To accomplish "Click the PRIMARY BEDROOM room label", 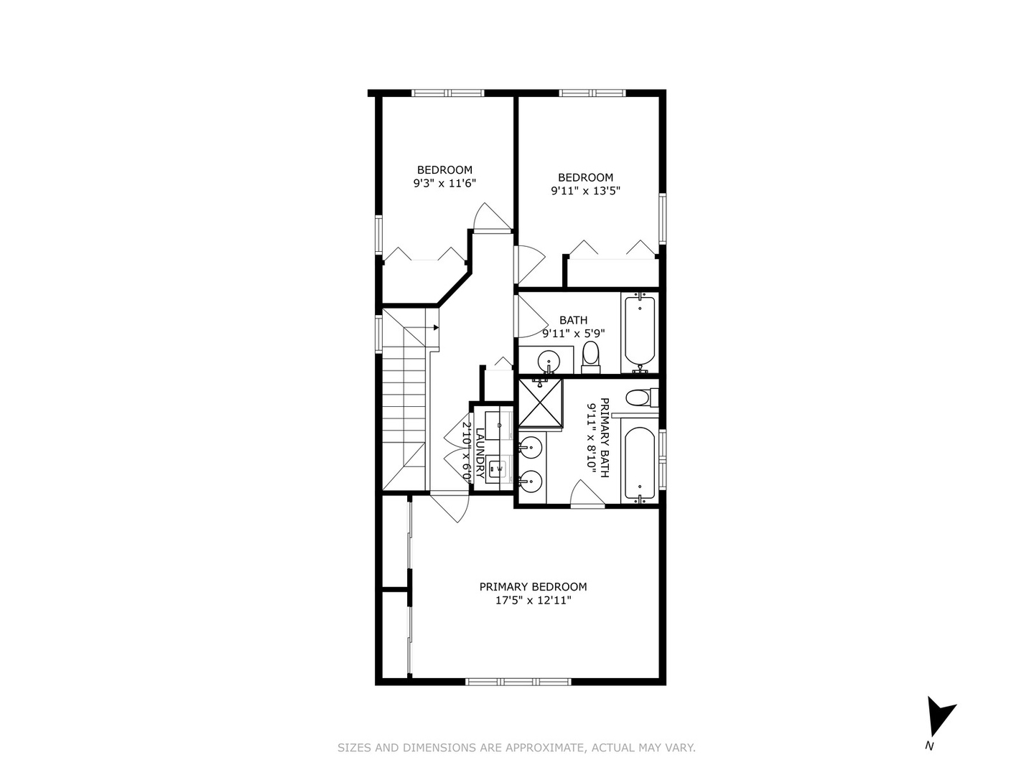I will (533, 586).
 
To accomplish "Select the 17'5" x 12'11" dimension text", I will (533, 601).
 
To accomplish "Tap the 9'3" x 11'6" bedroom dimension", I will (444, 184).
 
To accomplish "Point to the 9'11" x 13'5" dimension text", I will (585, 191).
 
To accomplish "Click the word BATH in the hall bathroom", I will (573, 320).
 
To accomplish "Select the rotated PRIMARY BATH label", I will (604, 438).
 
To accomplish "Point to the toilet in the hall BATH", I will (590, 357).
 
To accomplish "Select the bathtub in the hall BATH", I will (639, 332).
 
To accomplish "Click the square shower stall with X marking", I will (540, 403).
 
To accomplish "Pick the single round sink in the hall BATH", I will (549, 360).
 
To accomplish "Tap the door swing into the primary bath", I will (586, 494).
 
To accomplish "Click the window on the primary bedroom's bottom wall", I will (518, 681).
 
